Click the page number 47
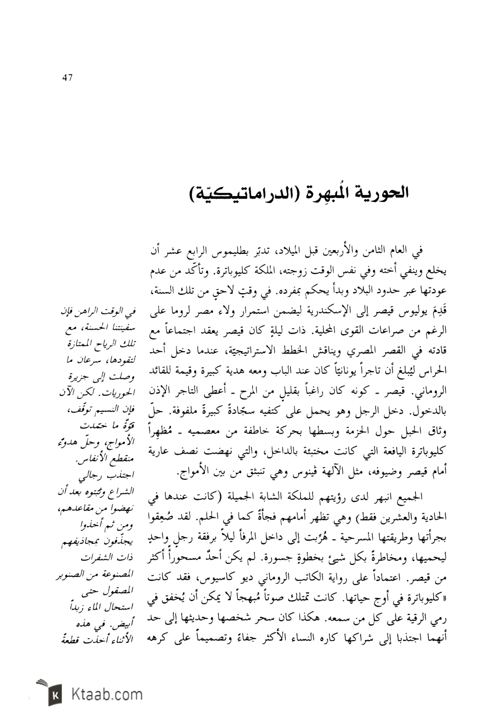67,78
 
